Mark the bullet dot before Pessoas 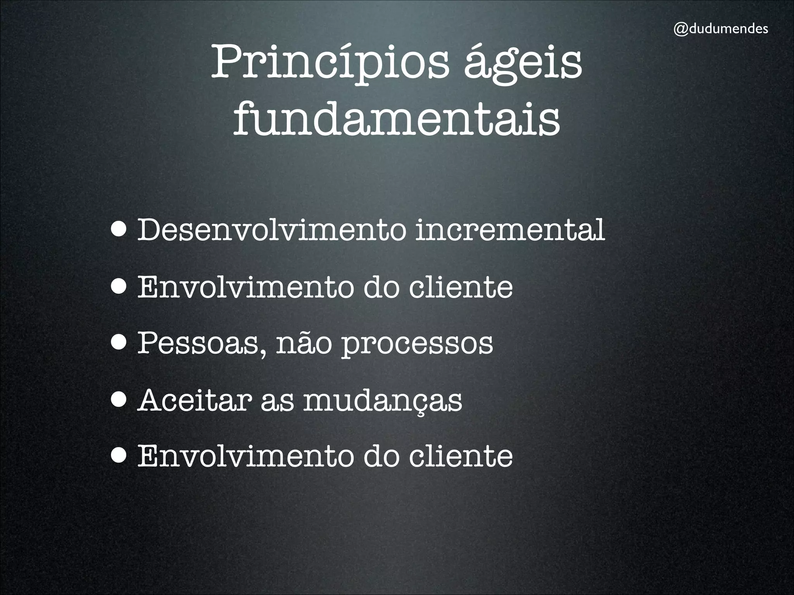tap(119, 343)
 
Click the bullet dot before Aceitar tap(119, 400)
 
